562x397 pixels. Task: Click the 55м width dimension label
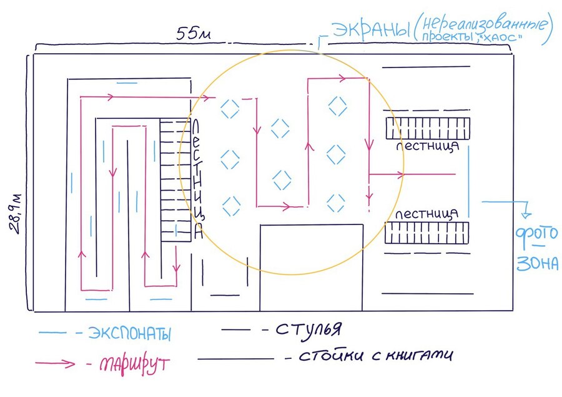[194, 33]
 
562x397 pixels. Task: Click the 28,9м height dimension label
[16, 214]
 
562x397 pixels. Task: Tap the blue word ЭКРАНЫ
[371, 30]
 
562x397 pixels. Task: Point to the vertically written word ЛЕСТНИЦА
[197, 179]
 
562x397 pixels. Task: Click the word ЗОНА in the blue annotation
[537, 263]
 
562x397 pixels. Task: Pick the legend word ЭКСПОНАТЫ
[129, 333]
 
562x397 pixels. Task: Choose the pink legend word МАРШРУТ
[134, 364]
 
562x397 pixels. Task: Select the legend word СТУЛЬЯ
[309, 328]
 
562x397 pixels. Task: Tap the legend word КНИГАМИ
[420, 354]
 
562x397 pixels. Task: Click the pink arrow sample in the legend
[55, 363]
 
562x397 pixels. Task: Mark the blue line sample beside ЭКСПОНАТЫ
[52, 333]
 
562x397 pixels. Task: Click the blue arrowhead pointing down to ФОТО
[526, 214]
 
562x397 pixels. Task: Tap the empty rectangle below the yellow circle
[312, 268]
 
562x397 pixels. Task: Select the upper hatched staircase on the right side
[428, 128]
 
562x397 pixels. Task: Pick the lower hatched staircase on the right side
[427, 233]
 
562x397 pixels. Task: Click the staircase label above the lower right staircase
[427, 214]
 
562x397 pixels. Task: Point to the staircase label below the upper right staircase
[428, 146]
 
